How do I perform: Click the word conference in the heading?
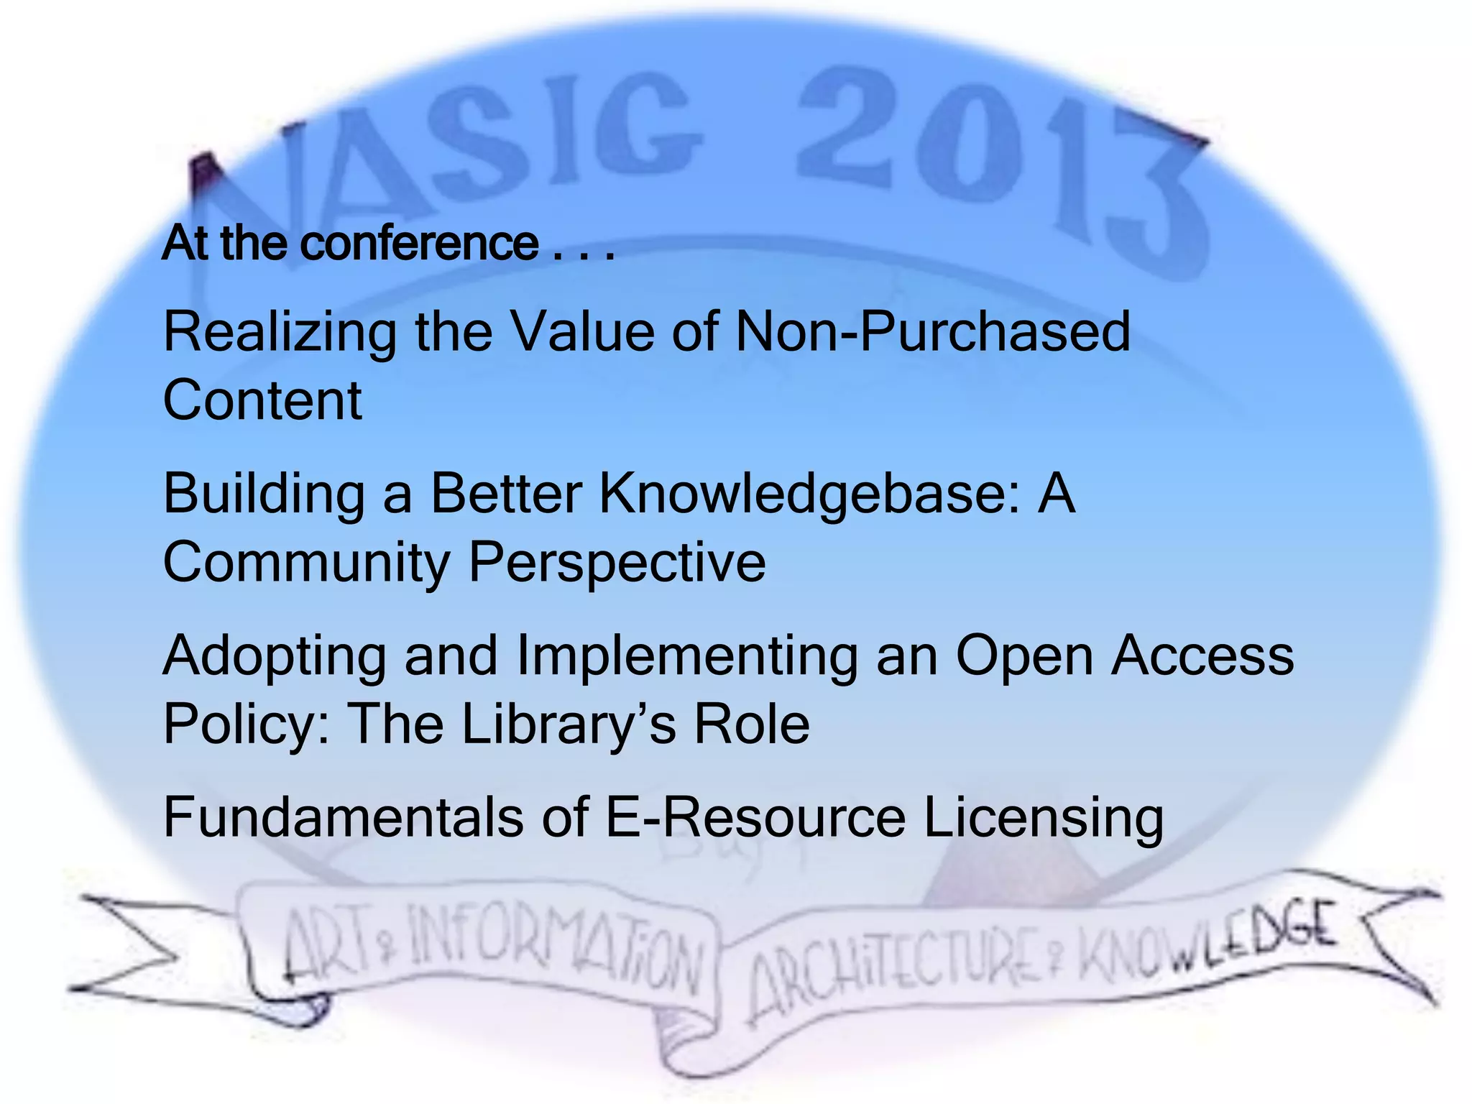pos(419,243)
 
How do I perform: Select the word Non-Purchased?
pos(933,332)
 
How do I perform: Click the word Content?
pos(262,400)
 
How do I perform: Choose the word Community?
pos(306,562)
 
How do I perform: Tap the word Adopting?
pos(275,655)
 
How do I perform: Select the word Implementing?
pos(686,655)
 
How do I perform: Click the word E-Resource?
pos(755,817)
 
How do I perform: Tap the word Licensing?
pos(1043,817)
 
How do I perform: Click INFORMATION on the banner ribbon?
pos(553,949)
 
